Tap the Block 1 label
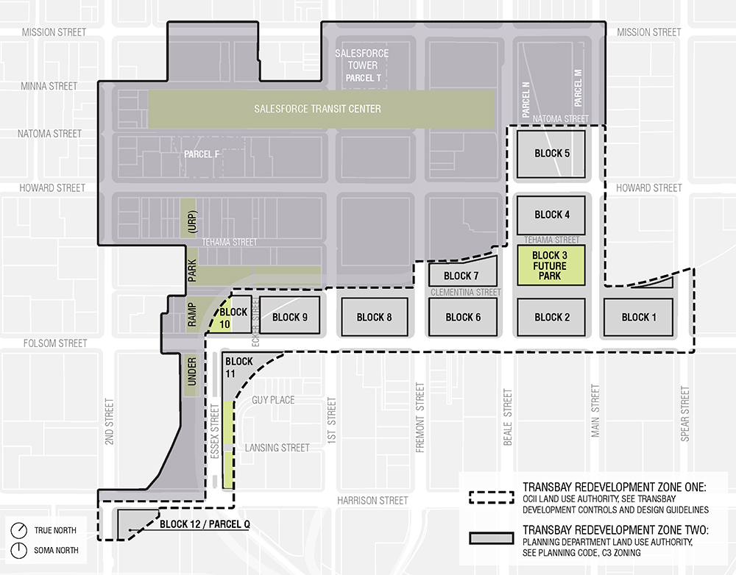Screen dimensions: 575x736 (635, 317)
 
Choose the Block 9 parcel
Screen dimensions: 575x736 (290, 317)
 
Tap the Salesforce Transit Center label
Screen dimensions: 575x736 (317, 109)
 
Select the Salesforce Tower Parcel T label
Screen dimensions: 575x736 (361, 65)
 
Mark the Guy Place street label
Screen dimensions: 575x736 (273, 400)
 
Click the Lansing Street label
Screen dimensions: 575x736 (277, 448)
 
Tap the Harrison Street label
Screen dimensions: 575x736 (372, 501)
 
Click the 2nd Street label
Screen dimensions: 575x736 (109, 422)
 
